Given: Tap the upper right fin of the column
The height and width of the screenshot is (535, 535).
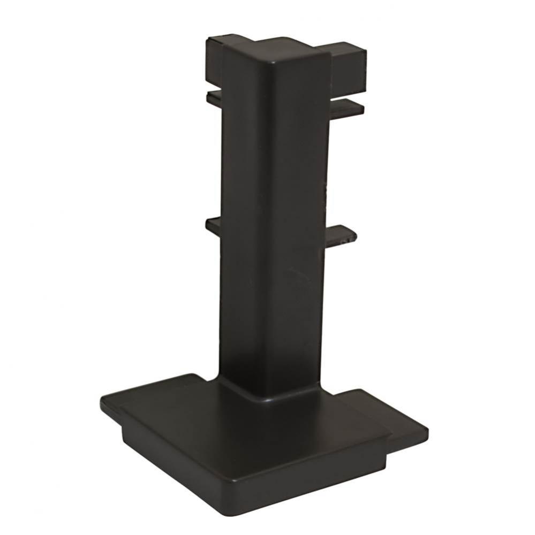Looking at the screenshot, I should tap(347, 106).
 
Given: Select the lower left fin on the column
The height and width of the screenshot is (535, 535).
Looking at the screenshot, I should tap(213, 225).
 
